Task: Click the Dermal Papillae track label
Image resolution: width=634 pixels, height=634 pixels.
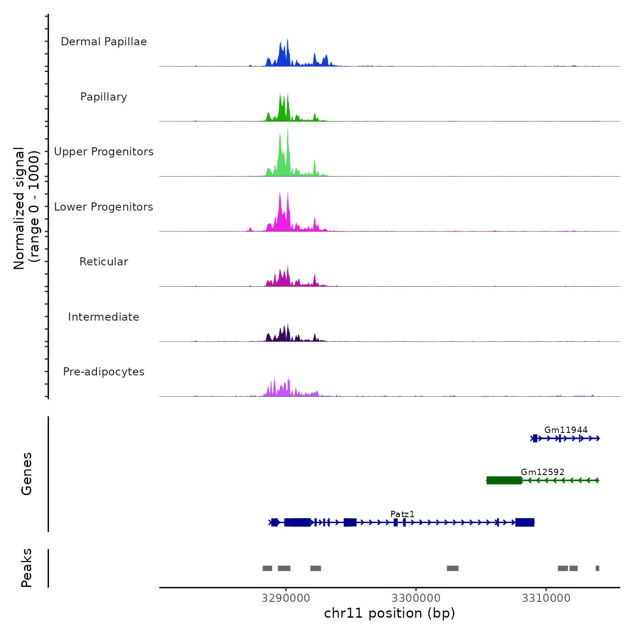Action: pos(104,42)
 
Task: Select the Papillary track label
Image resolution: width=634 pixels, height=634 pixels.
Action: pos(104,97)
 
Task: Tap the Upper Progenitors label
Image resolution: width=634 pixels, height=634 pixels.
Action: pos(104,152)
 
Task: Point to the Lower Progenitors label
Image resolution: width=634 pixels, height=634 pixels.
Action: pos(104,207)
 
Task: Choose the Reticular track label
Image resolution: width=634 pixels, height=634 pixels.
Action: pos(104,262)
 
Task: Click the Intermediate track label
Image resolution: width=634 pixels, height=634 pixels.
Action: pos(104,317)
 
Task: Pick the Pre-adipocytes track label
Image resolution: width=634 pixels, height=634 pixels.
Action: pos(104,372)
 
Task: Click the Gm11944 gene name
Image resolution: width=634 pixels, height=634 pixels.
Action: pos(566,430)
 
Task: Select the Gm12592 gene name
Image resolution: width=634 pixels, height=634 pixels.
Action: pos(543,472)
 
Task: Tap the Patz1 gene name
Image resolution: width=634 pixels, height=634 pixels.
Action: pos(402,514)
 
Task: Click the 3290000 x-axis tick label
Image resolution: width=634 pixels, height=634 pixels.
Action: pos(286,598)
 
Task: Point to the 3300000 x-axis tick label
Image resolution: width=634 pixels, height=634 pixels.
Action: pos(416,598)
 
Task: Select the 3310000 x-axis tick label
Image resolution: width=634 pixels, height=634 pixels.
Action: pos(546,598)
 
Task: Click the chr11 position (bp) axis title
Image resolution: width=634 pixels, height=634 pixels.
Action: pos(389,613)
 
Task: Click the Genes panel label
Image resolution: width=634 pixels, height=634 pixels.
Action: pos(27,474)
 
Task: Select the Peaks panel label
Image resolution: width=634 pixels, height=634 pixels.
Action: pos(27,568)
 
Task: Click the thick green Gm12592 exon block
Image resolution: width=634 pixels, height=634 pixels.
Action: pos(504,480)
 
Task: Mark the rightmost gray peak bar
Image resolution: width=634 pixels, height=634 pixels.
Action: pos(597,568)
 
